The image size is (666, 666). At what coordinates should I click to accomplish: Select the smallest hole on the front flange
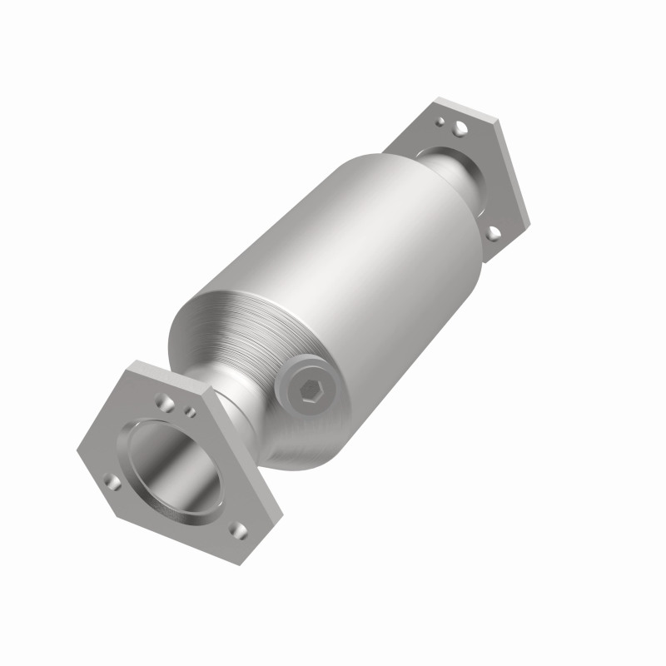tap(191, 411)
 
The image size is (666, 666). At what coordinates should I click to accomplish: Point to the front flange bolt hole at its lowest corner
tap(240, 529)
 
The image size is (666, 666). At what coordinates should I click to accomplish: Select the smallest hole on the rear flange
tap(439, 121)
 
